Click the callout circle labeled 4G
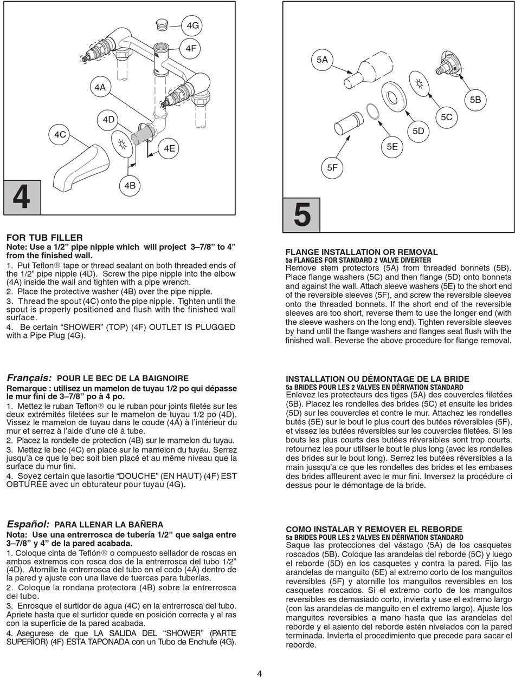[193, 25]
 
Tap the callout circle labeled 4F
[191, 49]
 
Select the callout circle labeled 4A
[100, 87]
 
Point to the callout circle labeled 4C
[61, 134]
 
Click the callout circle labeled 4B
[130, 186]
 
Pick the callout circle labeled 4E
[169, 148]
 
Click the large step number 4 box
[22, 197]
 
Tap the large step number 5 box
[302, 215]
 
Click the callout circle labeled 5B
[475, 100]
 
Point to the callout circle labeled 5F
[332, 168]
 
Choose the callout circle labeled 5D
[418, 131]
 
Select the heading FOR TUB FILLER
[44, 238]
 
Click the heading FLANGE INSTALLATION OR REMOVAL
[362, 252]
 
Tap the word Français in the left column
[29, 377]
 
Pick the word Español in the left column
[28, 524]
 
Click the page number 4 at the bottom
[259, 674]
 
